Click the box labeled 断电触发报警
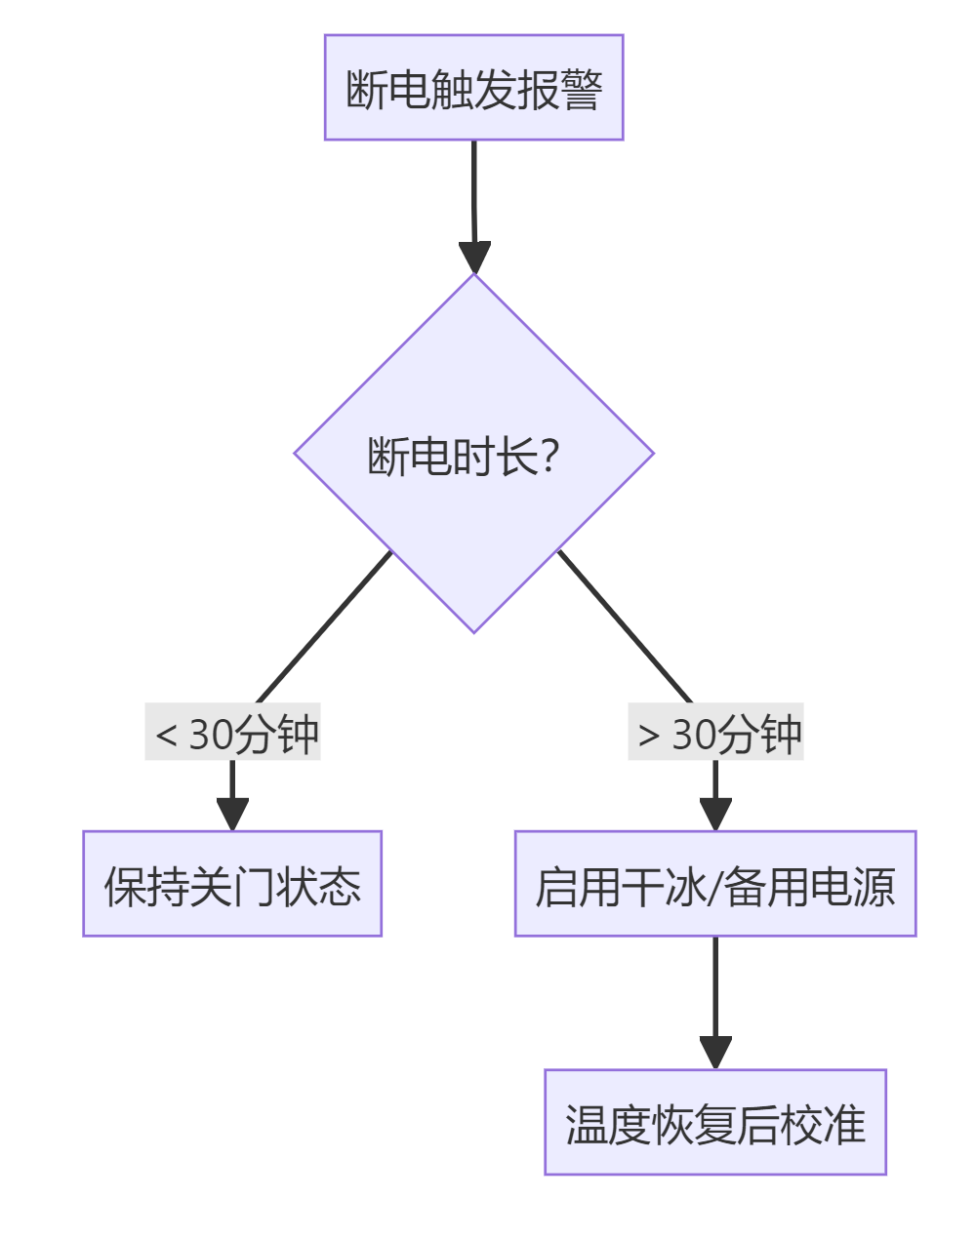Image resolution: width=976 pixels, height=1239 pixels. point(473,88)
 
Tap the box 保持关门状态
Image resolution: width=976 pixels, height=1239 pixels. point(232,884)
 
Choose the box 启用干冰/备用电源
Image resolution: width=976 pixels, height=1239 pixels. point(715,884)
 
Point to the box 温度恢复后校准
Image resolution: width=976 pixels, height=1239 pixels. point(715,1122)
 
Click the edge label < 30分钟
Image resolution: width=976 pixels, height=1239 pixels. point(233,733)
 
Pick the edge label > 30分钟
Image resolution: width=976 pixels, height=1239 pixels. point(715,733)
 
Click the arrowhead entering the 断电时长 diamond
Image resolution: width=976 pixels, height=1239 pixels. point(474,258)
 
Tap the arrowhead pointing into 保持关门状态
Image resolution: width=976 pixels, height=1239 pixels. point(232,815)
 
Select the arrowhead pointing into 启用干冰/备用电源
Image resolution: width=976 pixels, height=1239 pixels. point(715,815)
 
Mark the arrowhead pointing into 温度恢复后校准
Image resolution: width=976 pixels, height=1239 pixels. point(715,1053)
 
